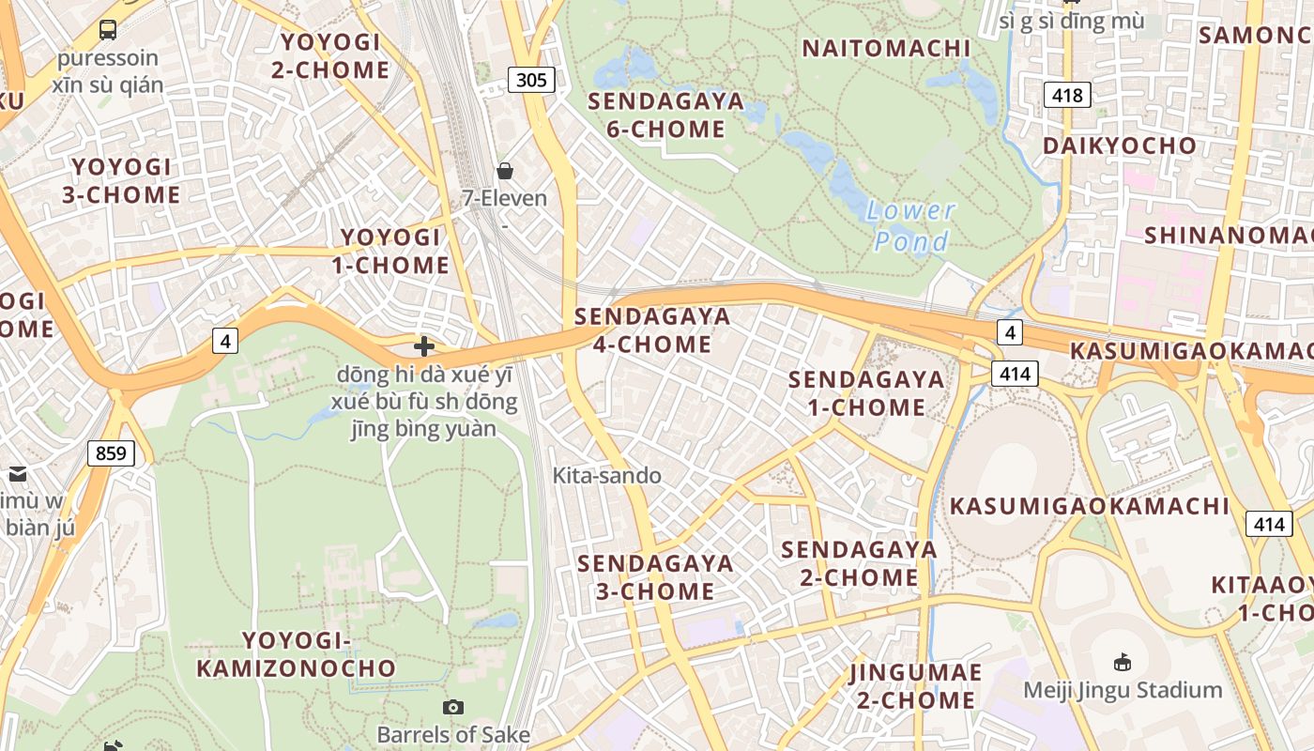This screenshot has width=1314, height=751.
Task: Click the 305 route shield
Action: (531, 80)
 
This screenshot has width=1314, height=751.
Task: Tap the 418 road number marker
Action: (1067, 95)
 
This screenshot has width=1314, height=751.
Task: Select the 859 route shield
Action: (111, 454)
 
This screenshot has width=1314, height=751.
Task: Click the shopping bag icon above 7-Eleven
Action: (505, 170)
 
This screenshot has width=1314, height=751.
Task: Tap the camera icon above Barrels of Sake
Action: (453, 707)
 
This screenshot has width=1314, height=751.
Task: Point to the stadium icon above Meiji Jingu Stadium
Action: (1122, 663)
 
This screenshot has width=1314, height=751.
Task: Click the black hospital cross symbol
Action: (424, 346)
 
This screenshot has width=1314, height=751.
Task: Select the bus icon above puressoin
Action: (108, 30)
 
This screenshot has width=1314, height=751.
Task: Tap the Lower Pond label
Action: (910, 226)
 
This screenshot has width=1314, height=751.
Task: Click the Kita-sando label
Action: (606, 476)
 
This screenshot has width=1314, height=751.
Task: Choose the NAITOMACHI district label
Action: (886, 49)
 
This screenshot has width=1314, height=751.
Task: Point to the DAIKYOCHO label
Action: (1120, 146)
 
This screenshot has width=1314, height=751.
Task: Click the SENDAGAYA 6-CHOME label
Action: (665, 115)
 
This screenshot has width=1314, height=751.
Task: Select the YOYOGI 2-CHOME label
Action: (330, 56)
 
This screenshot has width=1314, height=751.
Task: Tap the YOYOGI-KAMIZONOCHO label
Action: (296, 654)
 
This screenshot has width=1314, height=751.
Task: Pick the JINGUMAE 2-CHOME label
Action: (915, 686)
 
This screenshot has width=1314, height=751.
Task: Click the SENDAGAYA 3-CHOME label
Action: (655, 577)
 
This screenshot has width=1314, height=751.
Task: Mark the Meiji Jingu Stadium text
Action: (1123, 691)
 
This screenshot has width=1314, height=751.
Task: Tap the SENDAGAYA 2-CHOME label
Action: (859, 563)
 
